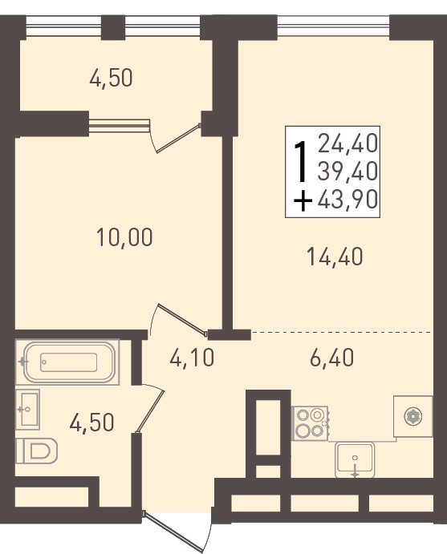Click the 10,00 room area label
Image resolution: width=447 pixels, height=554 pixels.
pyautogui.click(x=124, y=237)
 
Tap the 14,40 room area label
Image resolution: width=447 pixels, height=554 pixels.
pyautogui.click(x=335, y=257)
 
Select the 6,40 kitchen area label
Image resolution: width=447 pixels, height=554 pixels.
pyautogui.click(x=331, y=358)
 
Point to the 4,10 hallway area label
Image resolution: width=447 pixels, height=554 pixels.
pyautogui.click(x=192, y=358)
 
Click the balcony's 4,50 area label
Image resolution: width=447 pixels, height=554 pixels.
pyautogui.click(x=111, y=78)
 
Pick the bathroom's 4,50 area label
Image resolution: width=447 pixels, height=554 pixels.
pyautogui.click(x=92, y=423)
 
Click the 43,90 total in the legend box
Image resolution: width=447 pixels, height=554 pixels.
pyautogui.click(x=347, y=200)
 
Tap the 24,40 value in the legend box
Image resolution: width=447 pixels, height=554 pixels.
pyautogui.click(x=347, y=144)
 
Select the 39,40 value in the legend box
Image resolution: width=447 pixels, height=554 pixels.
pyautogui.click(x=347, y=172)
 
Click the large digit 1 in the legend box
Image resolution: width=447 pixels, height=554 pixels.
pyautogui.click(x=301, y=161)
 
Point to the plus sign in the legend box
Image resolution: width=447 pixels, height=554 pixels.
pyautogui.click(x=303, y=200)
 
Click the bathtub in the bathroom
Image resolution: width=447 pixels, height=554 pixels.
pyautogui.click(x=69, y=362)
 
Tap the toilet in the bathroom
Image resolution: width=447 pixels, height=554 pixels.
pyautogui.click(x=37, y=451)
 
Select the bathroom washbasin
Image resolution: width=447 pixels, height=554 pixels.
pyautogui.click(x=27, y=409)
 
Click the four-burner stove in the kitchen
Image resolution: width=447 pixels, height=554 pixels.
pyautogui.click(x=310, y=423)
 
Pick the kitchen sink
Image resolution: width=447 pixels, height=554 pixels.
pyautogui.click(x=355, y=459)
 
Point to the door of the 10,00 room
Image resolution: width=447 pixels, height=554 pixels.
pyautogui.click(x=179, y=319)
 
